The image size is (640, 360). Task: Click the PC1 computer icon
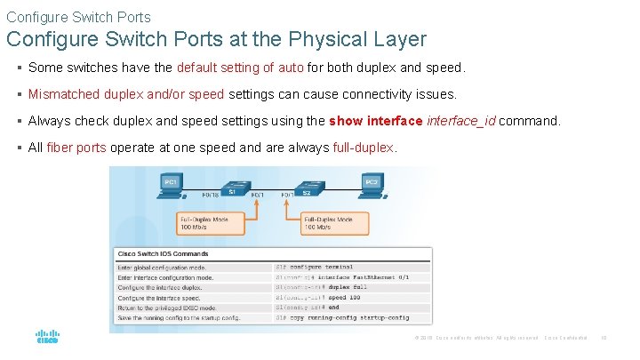click(171, 183)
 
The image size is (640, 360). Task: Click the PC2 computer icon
click(372, 183)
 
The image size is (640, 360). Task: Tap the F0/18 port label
click(210, 194)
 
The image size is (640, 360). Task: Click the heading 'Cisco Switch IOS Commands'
click(163, 253)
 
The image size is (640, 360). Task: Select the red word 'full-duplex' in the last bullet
click(362, 148)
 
